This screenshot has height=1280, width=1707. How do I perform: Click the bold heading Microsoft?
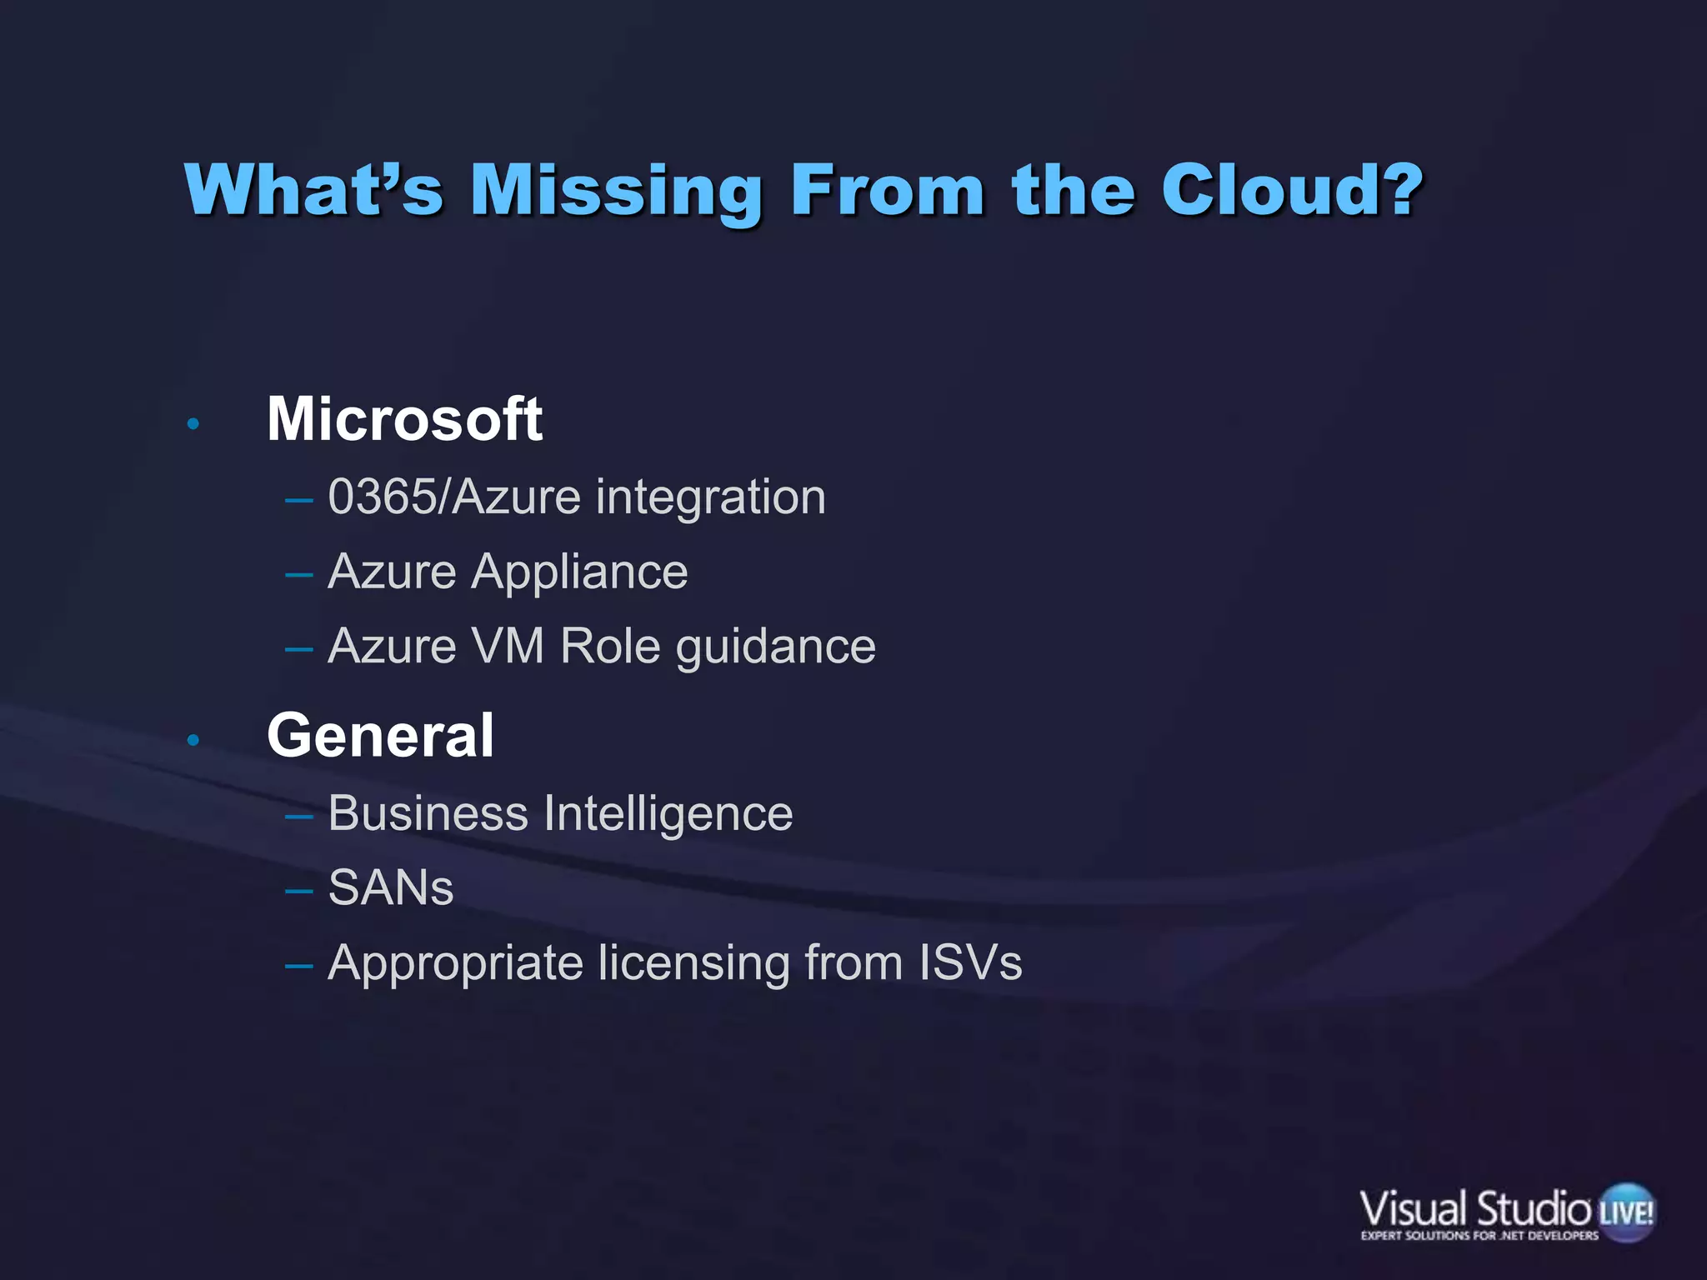click(x=404, y=419)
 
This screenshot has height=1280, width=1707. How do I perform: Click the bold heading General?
click(x=380, y=736)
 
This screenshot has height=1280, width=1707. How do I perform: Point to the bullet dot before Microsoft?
click(x=193, y=425)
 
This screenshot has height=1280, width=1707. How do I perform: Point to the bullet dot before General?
click(x=193, y=740)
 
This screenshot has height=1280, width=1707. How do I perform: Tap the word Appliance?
click(x=580, y=573)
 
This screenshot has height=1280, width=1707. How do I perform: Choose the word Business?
click(x=428, y=813)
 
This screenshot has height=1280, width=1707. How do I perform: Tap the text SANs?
click(x=391, y=888)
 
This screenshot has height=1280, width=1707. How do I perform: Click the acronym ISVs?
click(x=969, y=962)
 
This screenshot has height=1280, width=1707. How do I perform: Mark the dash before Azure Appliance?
click(x=298, y=575)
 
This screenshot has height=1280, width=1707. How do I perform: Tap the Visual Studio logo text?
click(x=1475, y=1209)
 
